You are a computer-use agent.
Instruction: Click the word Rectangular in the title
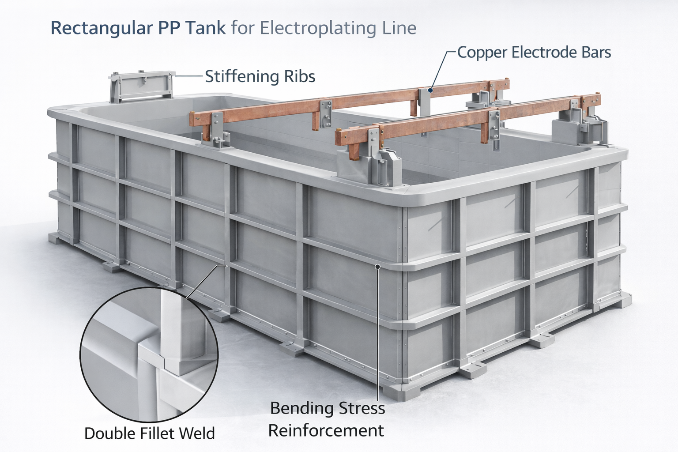pyautogui.click(x=101, y=28)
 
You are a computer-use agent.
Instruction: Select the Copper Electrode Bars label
pyautogui.click(x=534, y=53)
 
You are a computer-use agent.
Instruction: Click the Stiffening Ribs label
pyautogui.click(x=260, y=77)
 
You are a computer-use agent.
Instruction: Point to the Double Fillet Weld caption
pyautogui.click(x=149, y=433)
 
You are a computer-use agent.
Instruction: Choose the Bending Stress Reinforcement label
pyautogui.click(x=327, y=419)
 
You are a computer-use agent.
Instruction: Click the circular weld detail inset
pyautogui.click(x=149, y=354)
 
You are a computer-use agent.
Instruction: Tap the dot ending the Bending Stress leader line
pyautogui.click(x=377, y=266)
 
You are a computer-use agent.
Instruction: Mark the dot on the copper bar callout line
pyautogui.click(x=431, y=90)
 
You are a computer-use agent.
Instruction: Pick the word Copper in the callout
pyautogui.click(x=482, y=53)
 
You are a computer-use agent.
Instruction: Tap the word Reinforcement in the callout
pyautogui.click(x=326, y=430)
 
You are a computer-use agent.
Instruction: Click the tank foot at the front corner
pyautogui.click(x=401, y=390)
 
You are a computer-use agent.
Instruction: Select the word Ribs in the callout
pyautogui.click(x=300, y=77)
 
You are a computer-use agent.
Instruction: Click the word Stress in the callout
pyautogui.click(x=362, y=408)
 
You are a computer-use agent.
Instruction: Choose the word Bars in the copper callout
pyautogui.click(x=595, y=53)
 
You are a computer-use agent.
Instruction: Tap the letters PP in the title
pyautogui.click(x=168, y=28)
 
